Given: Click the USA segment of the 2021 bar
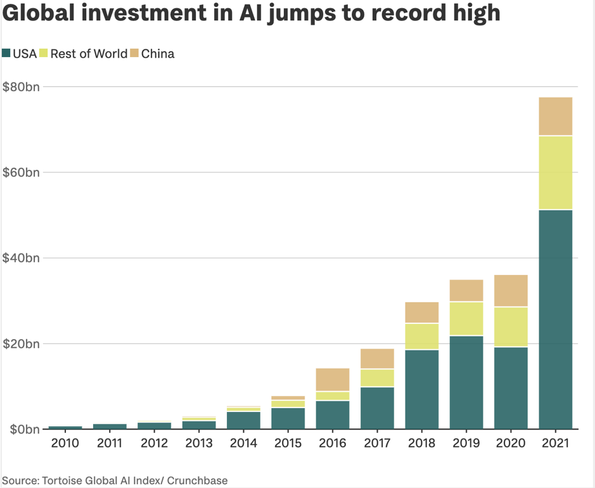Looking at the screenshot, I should coord(555,319).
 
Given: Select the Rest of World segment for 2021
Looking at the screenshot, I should coord(555,172).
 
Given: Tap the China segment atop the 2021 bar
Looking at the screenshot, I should coord(555,117).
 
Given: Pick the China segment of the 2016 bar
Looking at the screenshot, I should coord(333,380).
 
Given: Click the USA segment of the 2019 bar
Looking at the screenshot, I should coord(466,382).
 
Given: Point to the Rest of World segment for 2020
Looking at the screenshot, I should coord(511,326).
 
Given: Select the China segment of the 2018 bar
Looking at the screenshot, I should coord(422,312).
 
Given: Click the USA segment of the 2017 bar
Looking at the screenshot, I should coord(377,408).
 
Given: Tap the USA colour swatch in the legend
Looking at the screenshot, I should coord(6,54).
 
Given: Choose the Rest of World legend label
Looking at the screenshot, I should coord(89,54).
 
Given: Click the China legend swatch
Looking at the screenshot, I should coord(134,54).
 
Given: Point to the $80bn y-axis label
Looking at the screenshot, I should coord(21,87).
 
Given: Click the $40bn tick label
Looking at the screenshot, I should coord(21,258).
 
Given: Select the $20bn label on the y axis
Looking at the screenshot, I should coord(21,344).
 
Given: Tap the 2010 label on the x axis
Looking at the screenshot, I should coord(65,443).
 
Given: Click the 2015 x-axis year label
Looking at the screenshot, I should coord(288,443).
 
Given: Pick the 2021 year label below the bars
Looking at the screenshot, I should coord(555,443).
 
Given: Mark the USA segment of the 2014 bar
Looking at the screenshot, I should coord(243,420).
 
